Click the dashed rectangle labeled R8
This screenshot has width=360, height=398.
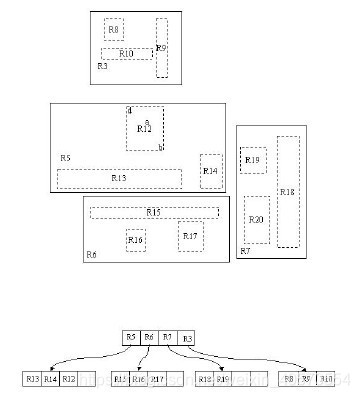pyautogui.click(x=114, y=30)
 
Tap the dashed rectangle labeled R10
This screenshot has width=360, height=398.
pyautogui.click(x=126, y=53)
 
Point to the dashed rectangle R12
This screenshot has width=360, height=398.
pyautogui.click(x=145, y=128)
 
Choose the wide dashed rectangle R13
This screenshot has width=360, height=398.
pyautogui.click(x=119, y=178)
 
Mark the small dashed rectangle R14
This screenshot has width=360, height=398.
pyautogui.click(x=210, y=171)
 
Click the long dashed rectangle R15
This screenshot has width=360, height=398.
pyautogui.click(x=154, y=212)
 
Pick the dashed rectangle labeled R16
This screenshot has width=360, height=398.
pyautogui.click(x=136, y=240)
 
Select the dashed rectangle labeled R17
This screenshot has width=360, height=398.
pyautogui.click(x=191, y=236)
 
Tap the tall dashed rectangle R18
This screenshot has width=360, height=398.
pyautogui.click(x=288, y=191)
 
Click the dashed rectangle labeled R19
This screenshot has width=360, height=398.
pyautogui.click(x=253, y=160)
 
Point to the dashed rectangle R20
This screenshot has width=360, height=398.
pyautogui.click(x=256, y=219)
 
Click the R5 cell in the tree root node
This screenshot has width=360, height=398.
pyautogui.click(x=131, y=338)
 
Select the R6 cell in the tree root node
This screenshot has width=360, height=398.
pyautogui.click(x=149, y=338)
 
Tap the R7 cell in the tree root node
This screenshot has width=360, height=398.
pyautogui.click(x=168, y=338)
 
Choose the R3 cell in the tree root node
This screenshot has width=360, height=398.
pyautogui.click(x=187, y=338)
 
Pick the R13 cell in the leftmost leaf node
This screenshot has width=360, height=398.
pyautogui.click(x=32, y=378)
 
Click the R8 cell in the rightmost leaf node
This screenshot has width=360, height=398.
pyautogui.click(x=289, y=378)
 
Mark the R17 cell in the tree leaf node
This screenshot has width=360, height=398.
pyautogui.click(x=157, y=378)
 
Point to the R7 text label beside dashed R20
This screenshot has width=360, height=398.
pyautogui.click(x=245, y=251)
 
